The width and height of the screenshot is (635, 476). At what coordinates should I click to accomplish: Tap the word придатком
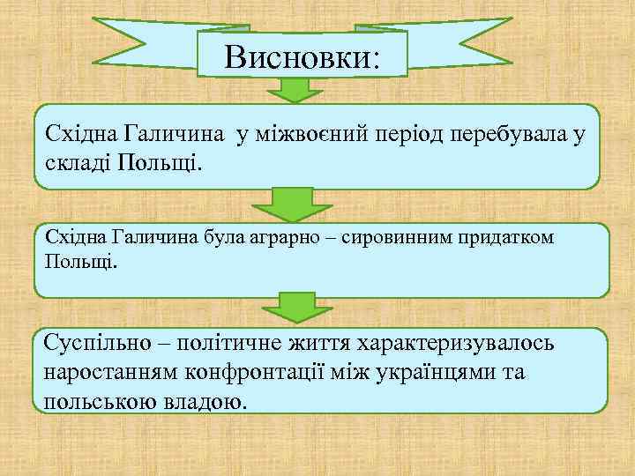coord(505,238)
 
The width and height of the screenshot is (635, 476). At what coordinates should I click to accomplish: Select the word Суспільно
coord(100,342)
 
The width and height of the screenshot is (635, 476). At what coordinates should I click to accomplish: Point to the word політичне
coord(237,342)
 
